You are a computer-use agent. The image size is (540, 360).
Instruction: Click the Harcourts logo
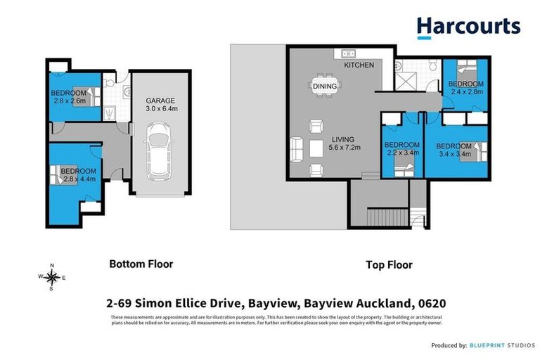tap(468, 27)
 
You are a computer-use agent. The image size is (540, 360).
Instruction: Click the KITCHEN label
tap(358, 65)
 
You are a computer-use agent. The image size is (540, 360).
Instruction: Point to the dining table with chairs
tap(324, 85)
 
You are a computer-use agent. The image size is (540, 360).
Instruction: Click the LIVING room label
tap(343, 139)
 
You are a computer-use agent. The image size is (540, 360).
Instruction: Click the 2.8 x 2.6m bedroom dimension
tap(69, 101)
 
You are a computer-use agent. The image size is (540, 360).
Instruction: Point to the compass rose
tap(52, 276)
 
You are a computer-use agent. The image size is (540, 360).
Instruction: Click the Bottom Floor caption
tap(141, 264)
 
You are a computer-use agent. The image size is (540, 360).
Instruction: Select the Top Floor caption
tap(389, 265)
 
